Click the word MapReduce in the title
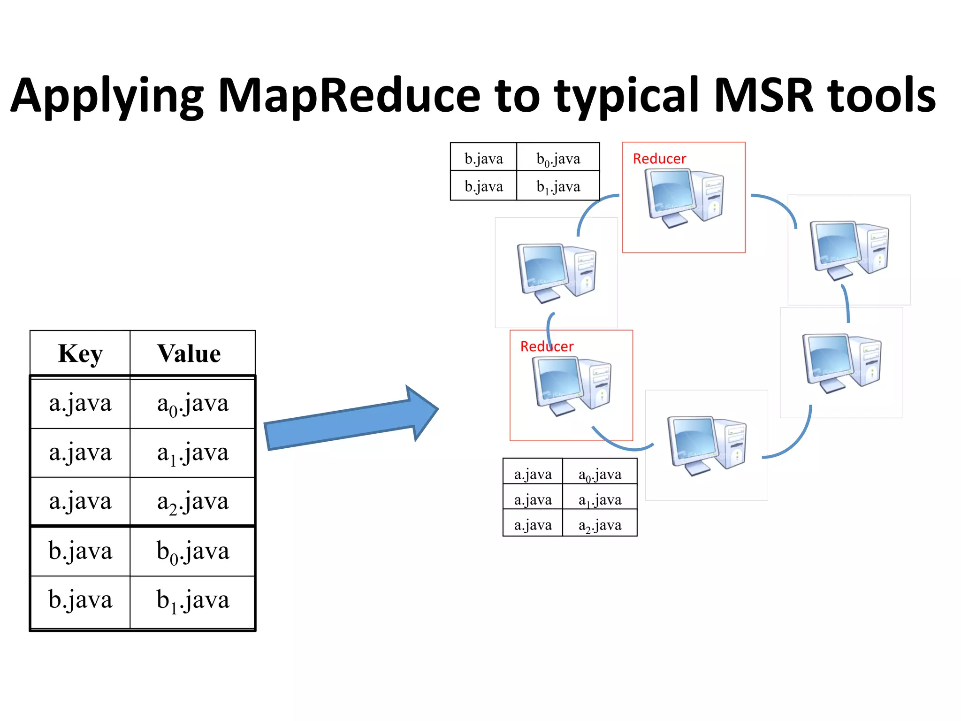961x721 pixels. tap(349, 96)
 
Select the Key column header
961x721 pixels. tap(80, 353)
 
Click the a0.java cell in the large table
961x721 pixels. tap(193, 404)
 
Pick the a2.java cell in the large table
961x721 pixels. tap(193, 502)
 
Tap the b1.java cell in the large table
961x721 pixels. tap(193, 600)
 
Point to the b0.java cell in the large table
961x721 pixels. tap(193, 551)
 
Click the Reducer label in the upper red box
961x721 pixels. tap(659, 159)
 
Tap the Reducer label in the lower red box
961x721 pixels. tap(547, 346)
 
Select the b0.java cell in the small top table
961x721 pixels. tap(558, 159)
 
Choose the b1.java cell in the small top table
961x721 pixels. tap(558, 187)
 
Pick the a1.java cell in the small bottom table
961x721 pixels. tap(600, 500)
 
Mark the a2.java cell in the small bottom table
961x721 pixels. tap(600, 525)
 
